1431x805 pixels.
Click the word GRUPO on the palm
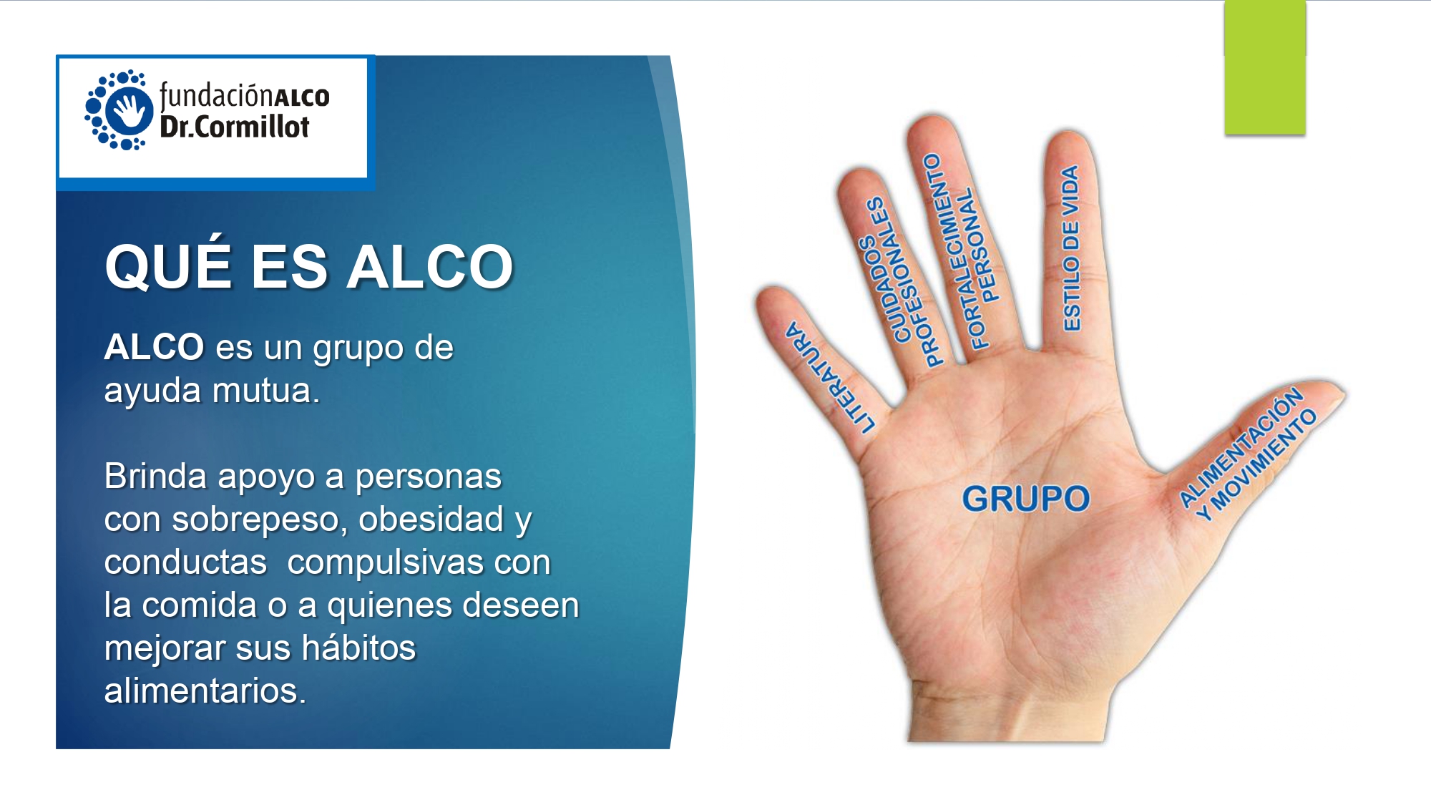(1025, 498)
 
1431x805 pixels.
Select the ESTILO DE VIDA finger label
(1071, 248)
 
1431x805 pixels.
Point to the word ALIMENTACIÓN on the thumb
(1240, 447)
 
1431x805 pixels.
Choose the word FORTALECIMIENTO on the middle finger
(955, 250)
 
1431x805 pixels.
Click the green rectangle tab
(1265, 67)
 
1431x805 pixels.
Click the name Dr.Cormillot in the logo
(235, 127)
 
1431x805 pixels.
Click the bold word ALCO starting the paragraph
(155, 347)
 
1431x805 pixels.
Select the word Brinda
(155, 476)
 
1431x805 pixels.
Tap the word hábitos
(358, 648)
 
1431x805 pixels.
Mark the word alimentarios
(205, 691)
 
